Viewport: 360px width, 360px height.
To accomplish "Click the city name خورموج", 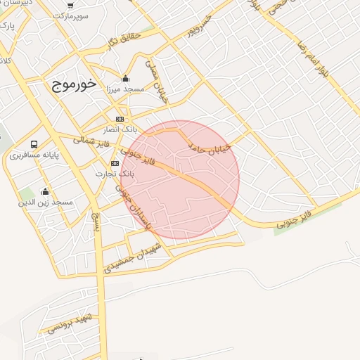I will pyautogui.click(x=72, y=84).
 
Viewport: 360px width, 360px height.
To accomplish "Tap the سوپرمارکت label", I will pyautogui.click(x=70, y=15).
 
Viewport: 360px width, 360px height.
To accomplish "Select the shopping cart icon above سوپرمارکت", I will pyautogui.click(x=70, y=4).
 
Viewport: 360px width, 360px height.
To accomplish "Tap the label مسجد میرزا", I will pyautogui.click(x=125, y=89).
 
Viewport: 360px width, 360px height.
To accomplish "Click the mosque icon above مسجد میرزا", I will pyautogui.click(x=125, y=78).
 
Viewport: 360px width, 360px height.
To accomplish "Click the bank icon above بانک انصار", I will pyautogui.click(x=120, y=119).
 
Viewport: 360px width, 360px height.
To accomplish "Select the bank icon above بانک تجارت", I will pyautogui.click(x=115, y=162).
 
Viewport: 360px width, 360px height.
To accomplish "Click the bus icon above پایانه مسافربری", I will pyautogui.click(x=34, y=144).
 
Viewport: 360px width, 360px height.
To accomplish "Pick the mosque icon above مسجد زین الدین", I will pyautogui.click(x=46, y=191).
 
